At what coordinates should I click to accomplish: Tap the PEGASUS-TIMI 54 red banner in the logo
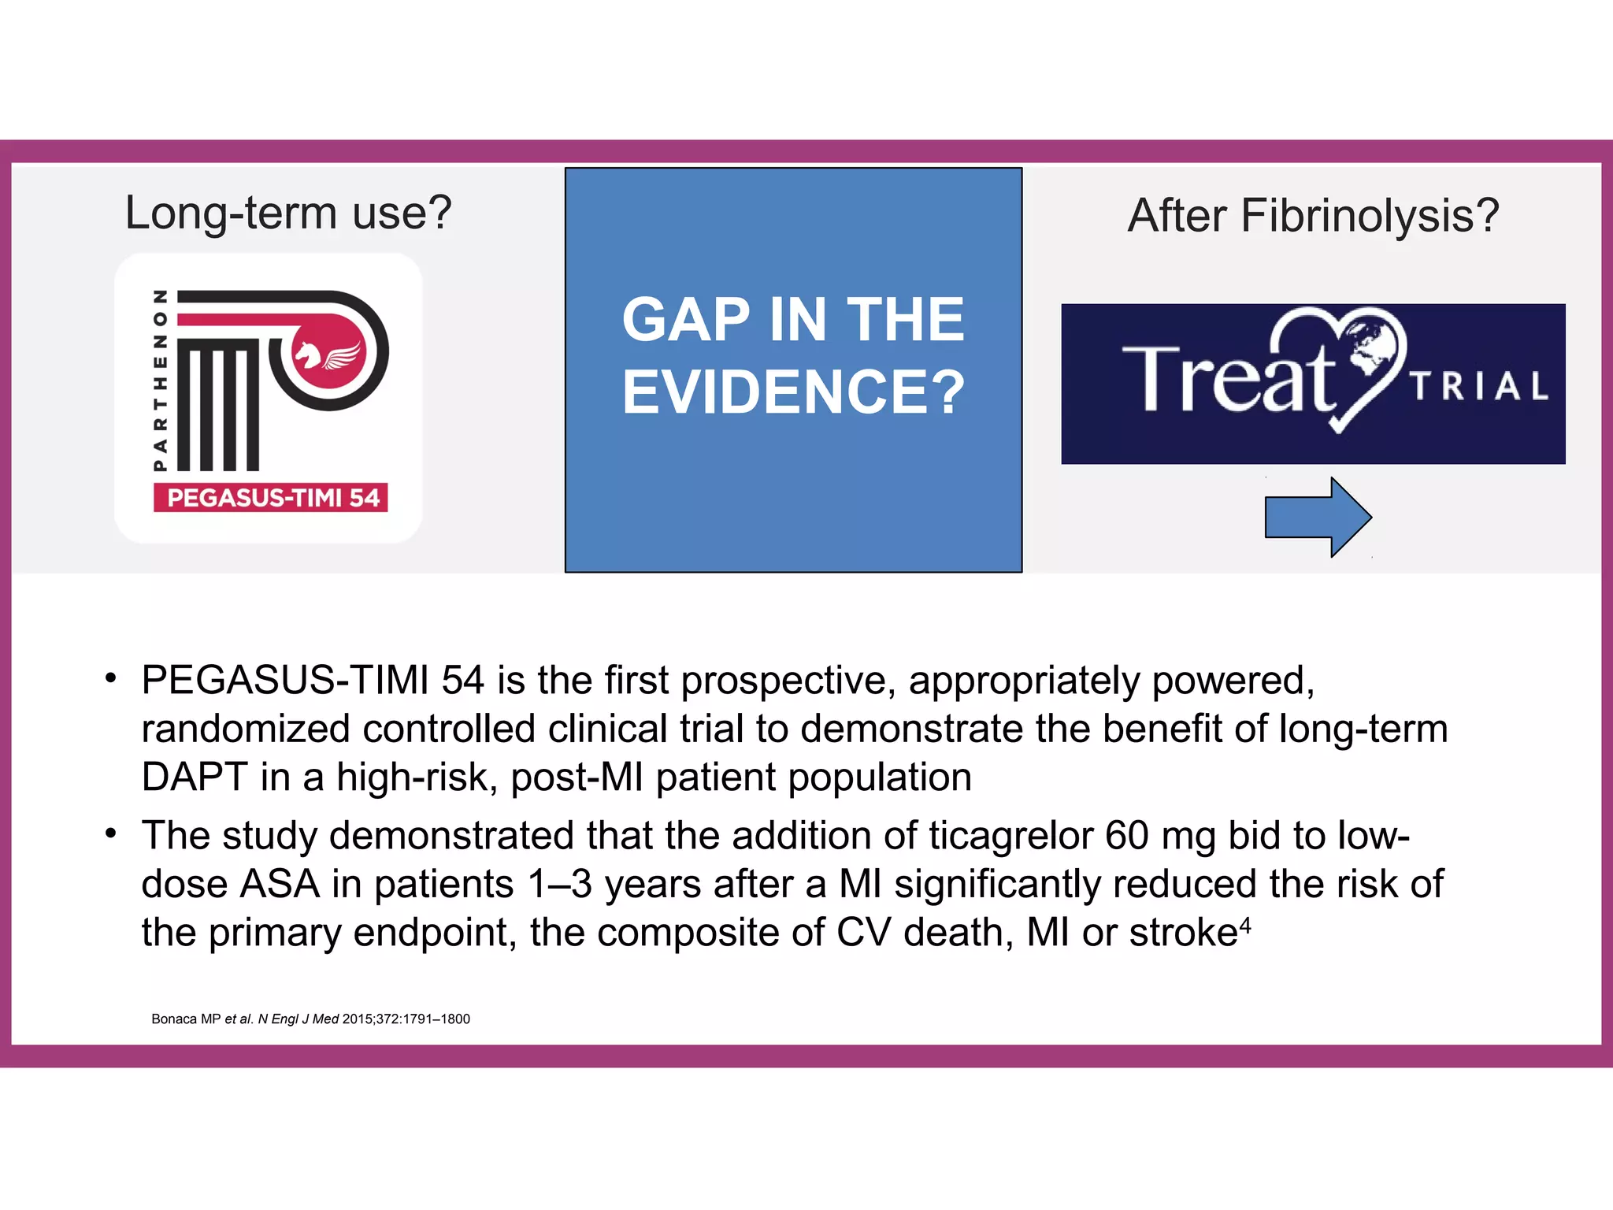[271, 498]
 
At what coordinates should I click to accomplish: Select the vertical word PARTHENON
[161, 380]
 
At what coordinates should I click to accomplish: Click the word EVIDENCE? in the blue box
[793, 392]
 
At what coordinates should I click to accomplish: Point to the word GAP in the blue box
[685, 320]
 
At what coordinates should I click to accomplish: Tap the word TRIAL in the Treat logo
[1479, 386]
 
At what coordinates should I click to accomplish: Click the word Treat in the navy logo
[1229, 380]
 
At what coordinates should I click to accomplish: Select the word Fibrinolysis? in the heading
[1370, 216]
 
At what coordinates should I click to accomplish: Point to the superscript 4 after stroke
[1245, 924]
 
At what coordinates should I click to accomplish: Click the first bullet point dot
[111, 677]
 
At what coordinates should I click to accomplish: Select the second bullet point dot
[111, 833]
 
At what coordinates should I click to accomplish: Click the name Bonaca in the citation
[174, 1019]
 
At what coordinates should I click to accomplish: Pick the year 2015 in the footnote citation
[358, 1019]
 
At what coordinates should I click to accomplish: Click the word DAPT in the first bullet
[195, 778]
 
